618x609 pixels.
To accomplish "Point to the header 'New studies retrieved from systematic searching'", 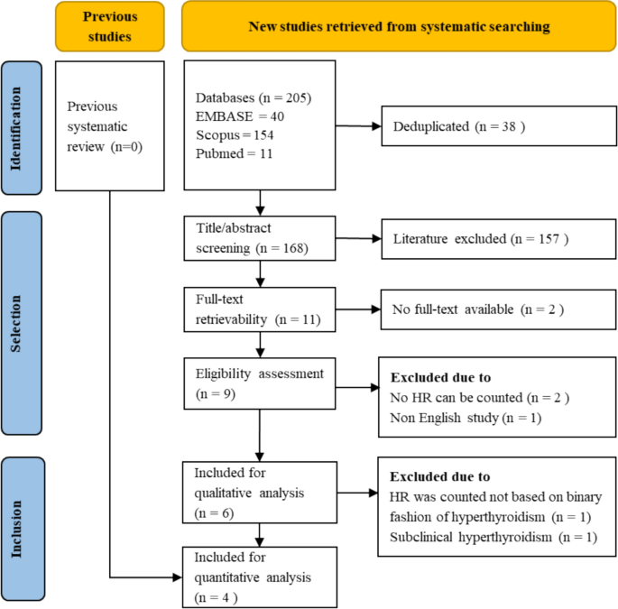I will coord(400,25).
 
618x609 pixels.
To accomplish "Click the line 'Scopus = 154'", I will coord(234,134).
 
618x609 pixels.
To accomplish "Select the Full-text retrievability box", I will coord(260,309).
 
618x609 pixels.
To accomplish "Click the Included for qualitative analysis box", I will coord(260,494).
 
